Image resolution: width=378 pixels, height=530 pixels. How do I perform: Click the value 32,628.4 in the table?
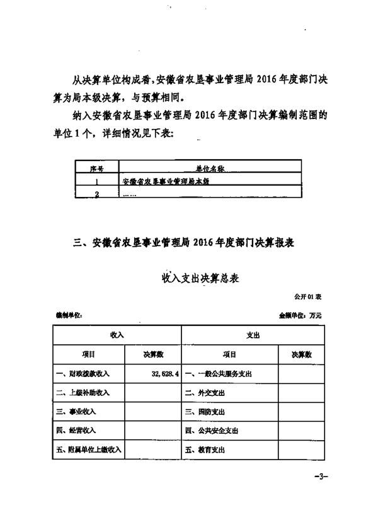[x=163, y=373]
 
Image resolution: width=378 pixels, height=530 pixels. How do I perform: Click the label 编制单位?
[x=69, y=314]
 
